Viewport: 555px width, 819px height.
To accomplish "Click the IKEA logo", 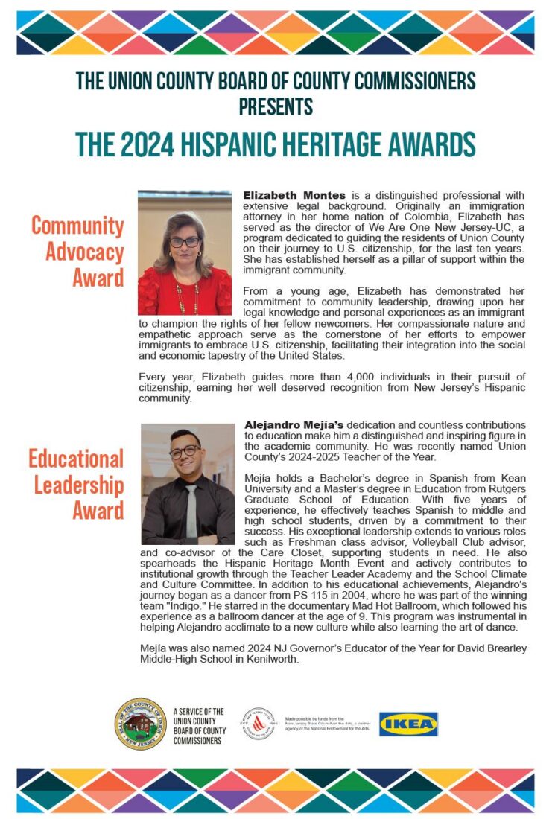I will [x=408, y=724].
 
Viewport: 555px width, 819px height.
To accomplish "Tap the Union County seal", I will [x=140, y=724].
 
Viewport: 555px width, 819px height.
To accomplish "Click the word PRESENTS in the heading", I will [x=276, y=106].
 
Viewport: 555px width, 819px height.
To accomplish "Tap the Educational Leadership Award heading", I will [x=77, y=485].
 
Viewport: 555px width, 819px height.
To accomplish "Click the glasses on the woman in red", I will [x=185, y=242].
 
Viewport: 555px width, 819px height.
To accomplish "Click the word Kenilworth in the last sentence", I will [x=270, y=659].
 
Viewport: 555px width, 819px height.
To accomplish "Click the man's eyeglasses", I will [x=185, y=451].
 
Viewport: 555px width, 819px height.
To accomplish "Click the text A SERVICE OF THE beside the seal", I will [x=198, y=712].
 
